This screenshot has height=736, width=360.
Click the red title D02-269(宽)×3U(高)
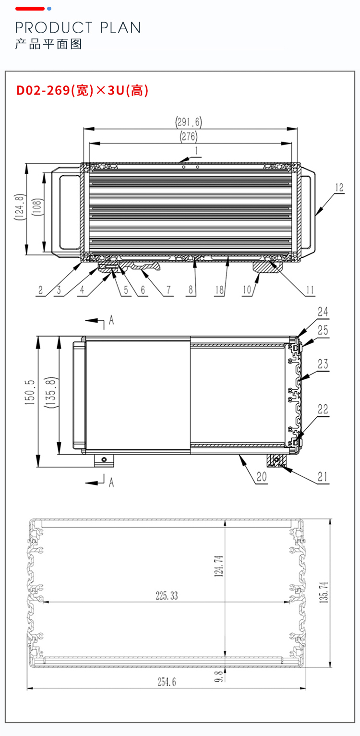(82, 90)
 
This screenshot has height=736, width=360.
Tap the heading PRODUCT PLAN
(78, 27)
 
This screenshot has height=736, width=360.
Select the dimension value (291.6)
(189, 122)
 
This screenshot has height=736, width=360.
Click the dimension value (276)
(189, 136)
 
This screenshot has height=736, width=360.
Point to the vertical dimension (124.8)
(20, 207)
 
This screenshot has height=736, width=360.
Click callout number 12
(339, 188)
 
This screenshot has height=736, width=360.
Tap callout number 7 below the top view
(168, 290)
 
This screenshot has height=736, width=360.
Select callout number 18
(219, 290)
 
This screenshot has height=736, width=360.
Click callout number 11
(310, 290)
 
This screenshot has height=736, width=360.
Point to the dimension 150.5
(30, 392)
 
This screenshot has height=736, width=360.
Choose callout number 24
(323, 312)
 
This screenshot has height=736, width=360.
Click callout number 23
(323, 364)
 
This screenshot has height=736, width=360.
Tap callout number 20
(262, 477)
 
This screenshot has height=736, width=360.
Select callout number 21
(323, 477)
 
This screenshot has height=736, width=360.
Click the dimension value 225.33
(167, 596)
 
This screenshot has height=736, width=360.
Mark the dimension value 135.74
(324, 592)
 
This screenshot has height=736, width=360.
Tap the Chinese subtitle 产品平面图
(48, 44)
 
